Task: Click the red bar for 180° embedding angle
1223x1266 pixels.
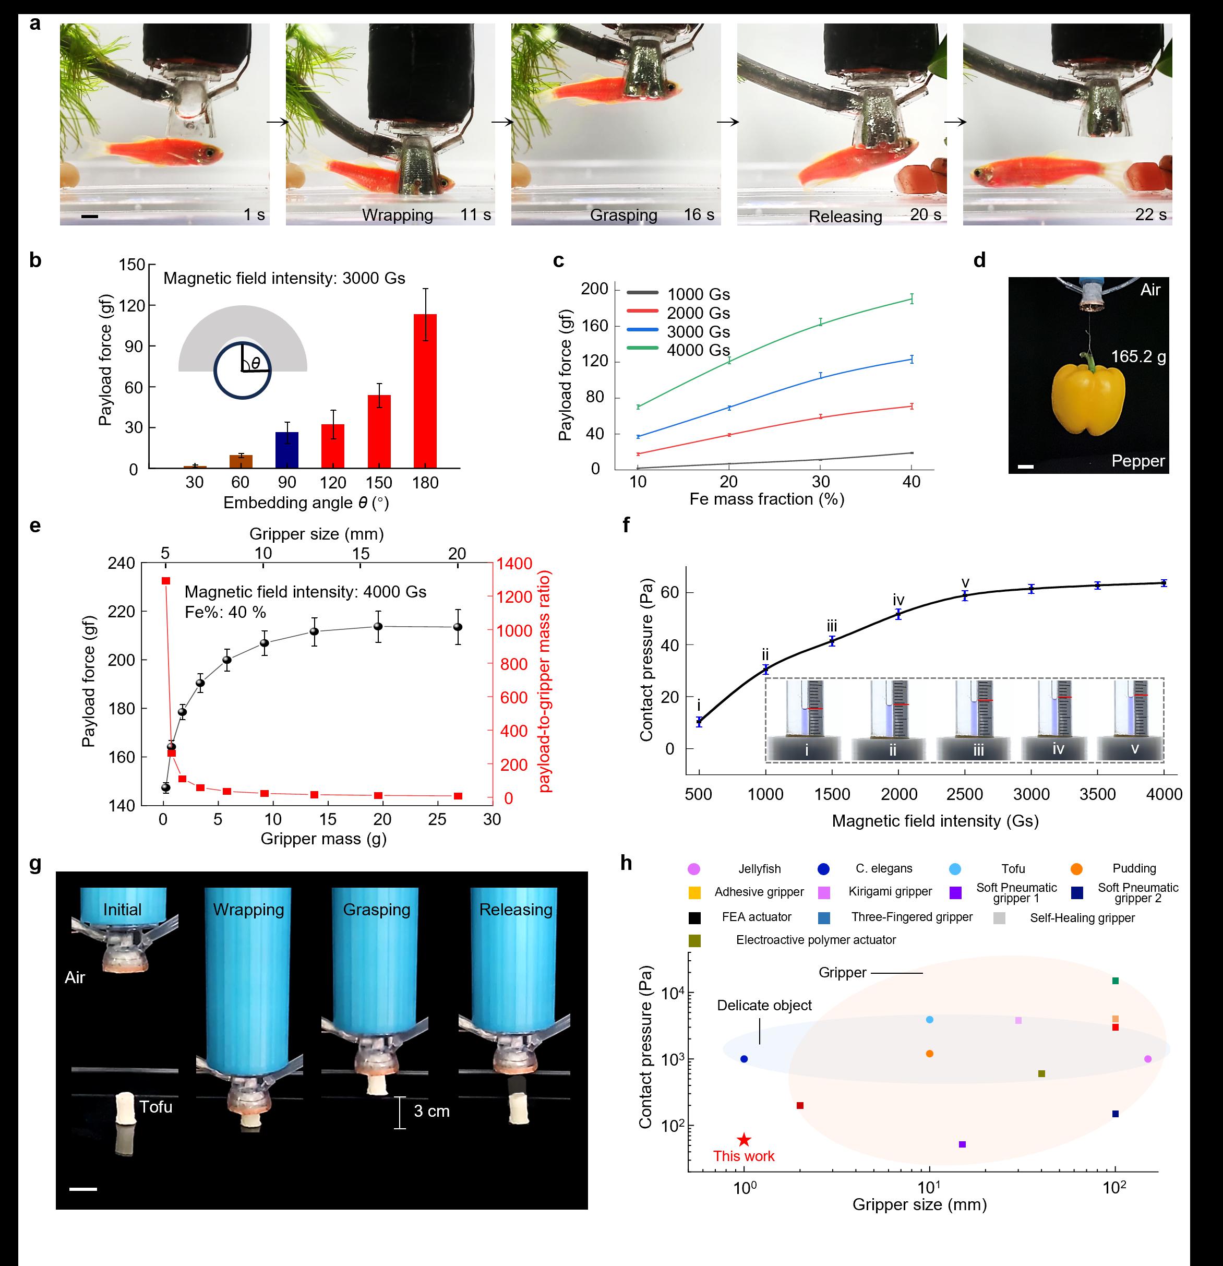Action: coord(425,391)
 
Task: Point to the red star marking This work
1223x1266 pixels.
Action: coord(744,1140)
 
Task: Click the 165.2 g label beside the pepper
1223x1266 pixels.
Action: coord(1138,356)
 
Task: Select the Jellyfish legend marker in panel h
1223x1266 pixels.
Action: coord(694,869)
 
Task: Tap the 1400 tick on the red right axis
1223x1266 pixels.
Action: coord(514,564)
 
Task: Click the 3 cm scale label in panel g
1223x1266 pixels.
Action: coord(431,1111)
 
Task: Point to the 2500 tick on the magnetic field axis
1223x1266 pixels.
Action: coord(965,794)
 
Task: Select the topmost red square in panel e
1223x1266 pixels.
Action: coord(166,581)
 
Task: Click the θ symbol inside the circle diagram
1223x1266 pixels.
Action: coord(256,364)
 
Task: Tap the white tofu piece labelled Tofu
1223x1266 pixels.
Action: coord(125,1109)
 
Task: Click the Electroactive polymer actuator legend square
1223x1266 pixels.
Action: coord(695,940)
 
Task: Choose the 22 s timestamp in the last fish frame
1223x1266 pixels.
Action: coord(1150,214)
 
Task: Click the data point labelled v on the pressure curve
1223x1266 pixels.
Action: coord(965,595)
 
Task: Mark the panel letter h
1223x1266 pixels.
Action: coord(626,864)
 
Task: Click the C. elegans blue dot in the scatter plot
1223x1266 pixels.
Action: coord(744,1059)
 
